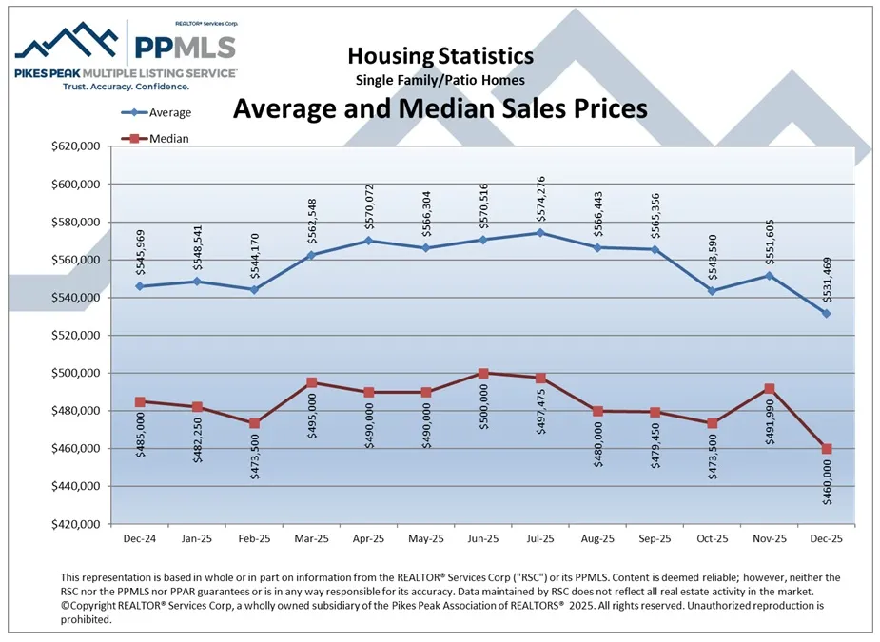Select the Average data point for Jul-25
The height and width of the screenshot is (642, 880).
[x=540, y=233]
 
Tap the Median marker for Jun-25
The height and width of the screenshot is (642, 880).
[x=483, y=374]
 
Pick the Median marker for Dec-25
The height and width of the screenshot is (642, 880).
[x=827, y=449]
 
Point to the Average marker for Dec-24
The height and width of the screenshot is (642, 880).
[x=140, y=286]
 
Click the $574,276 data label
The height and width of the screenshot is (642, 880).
[x=541, y=200]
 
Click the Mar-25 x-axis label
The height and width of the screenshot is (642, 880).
[x=311, y=538]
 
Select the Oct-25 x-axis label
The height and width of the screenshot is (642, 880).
[x=712, y=538]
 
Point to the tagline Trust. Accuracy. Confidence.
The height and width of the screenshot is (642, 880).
[x=124, y=86]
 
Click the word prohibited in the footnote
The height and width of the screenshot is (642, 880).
[x=86, y=619]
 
